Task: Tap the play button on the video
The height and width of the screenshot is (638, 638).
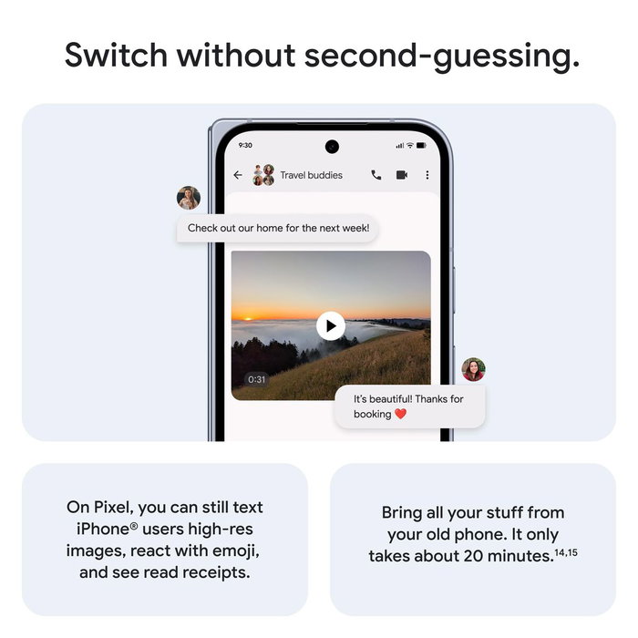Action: [x=331, y=325]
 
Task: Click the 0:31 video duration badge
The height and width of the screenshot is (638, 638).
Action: [x=257, y=379]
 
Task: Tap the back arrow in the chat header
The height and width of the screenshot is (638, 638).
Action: [x=238, y=175]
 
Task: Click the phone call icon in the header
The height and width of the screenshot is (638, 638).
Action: [x=376, y=175]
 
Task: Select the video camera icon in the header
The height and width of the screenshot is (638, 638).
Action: [x=402, y=175]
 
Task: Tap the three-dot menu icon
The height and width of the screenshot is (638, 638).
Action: [x=427, y=175]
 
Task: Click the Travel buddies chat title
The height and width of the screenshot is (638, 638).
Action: [x=311, y=175]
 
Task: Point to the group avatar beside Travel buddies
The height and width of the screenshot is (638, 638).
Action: [x=262, y=175]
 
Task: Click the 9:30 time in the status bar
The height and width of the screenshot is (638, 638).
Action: [x=245, y=146]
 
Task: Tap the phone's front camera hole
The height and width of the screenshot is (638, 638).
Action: [x=332, y=146]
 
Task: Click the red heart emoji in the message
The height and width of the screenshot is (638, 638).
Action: [x=399, y=414]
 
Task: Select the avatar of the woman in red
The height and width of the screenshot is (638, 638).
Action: [x=473, y=369]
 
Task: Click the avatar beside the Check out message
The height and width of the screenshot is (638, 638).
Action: [x=189, y=198]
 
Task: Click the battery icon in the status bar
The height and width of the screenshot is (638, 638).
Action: [x=422, y=146]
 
